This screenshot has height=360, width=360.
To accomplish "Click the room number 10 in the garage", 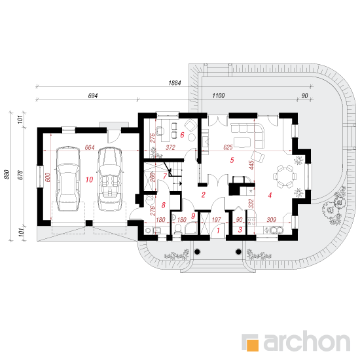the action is tap(89, 179).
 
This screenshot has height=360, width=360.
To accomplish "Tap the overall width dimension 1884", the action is tap(175, 83).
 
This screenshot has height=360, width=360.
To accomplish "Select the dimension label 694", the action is tap(93, 96).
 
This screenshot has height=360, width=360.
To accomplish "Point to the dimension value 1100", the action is tap(219, 96).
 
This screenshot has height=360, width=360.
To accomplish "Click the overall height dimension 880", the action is tap(7, 175).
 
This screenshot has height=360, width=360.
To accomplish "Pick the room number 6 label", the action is tap(183, 135).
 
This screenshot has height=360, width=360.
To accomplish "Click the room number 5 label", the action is tap(232, 160).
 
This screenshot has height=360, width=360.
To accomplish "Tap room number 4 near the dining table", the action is tap(270, 195).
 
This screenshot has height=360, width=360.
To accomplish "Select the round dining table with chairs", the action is tap(285, 177).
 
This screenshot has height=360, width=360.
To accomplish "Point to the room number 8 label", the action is tap(164, 205).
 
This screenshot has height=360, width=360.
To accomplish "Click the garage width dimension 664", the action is tap(90, 147).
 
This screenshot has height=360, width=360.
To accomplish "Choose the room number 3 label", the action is tap(240, 230).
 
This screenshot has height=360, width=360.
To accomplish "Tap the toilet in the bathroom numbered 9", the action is tap(177, 229).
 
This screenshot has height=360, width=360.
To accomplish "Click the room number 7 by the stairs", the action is tap(165, 176).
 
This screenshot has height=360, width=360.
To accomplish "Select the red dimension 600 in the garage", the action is tap(48, 177).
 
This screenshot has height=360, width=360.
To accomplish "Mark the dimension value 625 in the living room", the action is tap(228, 147).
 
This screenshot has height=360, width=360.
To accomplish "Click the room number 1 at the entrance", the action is tap(219, 230).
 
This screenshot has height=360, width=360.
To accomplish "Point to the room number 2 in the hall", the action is tap(203, 195).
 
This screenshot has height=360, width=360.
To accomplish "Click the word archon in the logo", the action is tap(306, 342).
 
